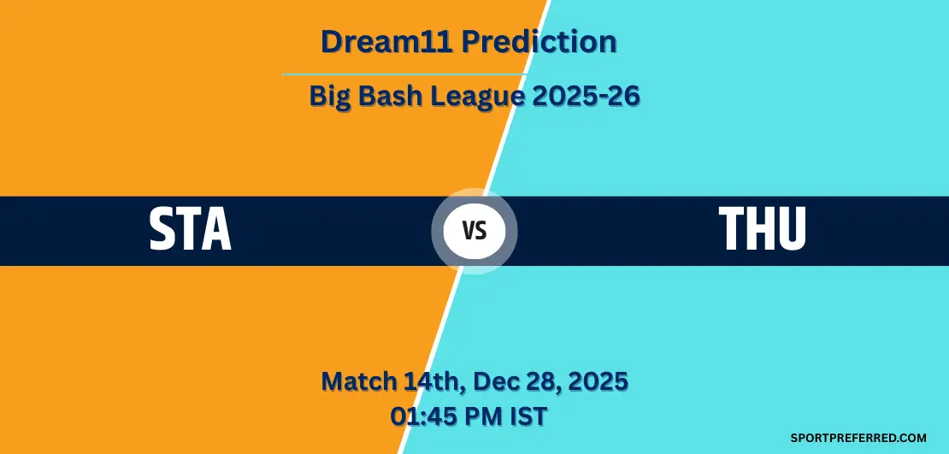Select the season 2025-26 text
click(x=586, y=96)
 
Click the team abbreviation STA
click(x=190, y=229)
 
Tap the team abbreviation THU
click(x=762, y=229)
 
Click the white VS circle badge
click(x=474, y=231)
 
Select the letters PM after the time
click(x=481, y=417)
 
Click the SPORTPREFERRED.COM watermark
click(x=858, y=438)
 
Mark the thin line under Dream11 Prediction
click(x=404, y=74)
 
